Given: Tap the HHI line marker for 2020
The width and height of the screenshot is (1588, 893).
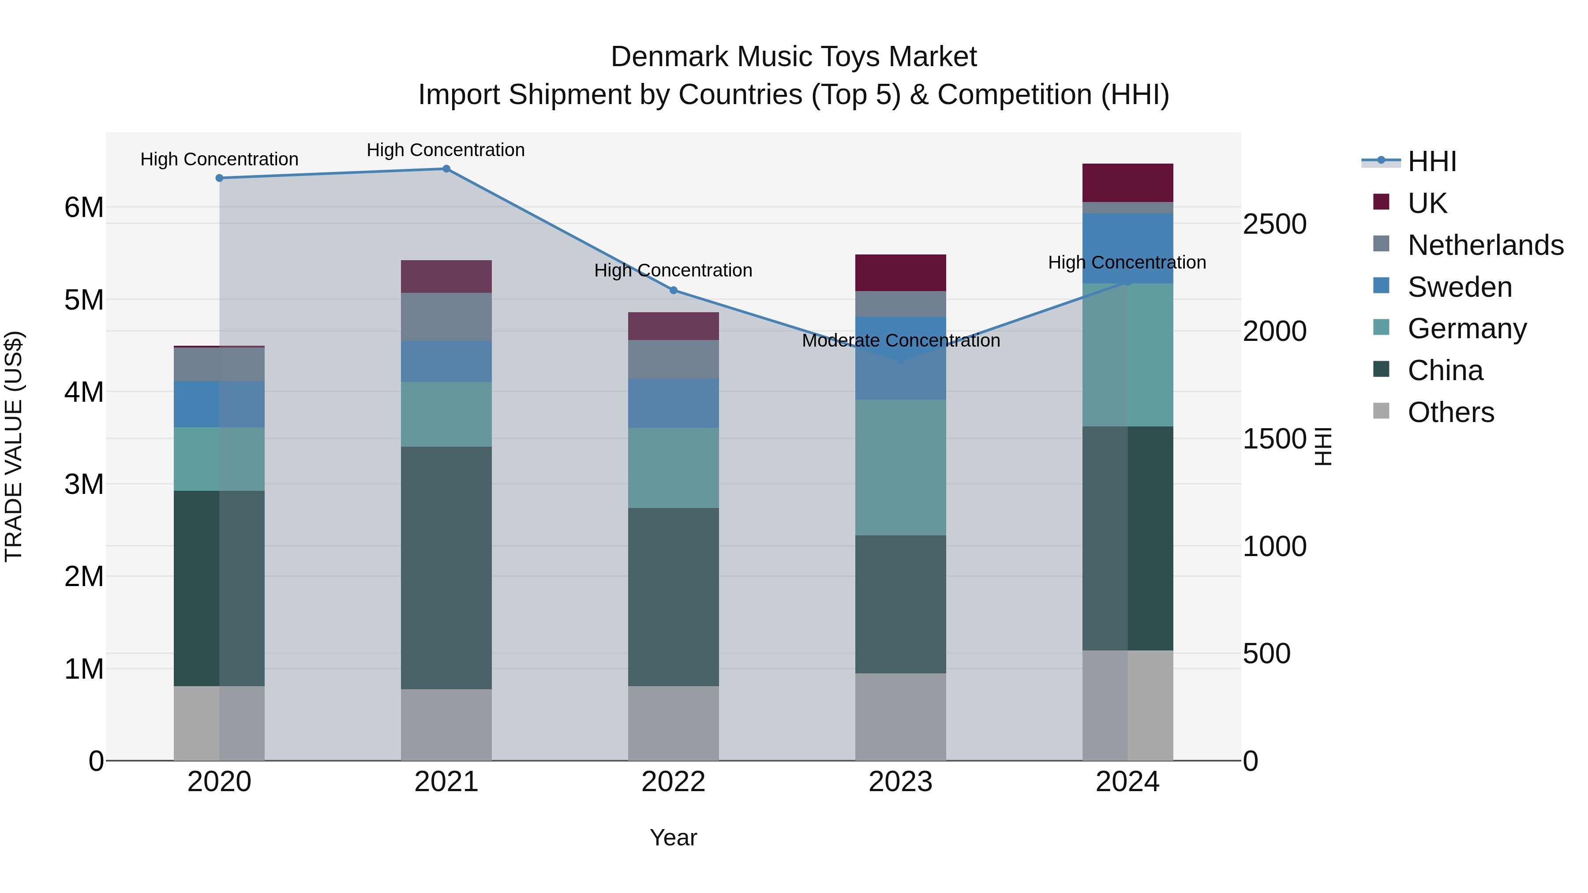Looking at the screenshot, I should (220, 178).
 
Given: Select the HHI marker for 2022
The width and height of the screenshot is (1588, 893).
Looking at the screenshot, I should (673, 290).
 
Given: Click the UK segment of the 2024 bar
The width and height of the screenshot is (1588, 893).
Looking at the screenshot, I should (1127, 183).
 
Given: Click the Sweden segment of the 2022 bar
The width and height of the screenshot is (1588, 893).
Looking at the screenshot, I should (673, 403).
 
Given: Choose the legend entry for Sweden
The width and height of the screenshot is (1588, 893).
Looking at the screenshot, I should (1459, 287).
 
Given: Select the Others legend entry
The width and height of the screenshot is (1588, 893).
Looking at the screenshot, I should (1450, 412).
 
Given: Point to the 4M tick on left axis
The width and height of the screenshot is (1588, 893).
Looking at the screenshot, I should (84, 392).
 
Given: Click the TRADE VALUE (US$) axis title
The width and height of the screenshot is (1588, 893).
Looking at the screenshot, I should (14, 446).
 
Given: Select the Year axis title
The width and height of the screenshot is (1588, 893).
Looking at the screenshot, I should (673, 837).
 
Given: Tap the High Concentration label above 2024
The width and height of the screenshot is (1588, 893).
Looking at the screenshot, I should (1127, 262).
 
